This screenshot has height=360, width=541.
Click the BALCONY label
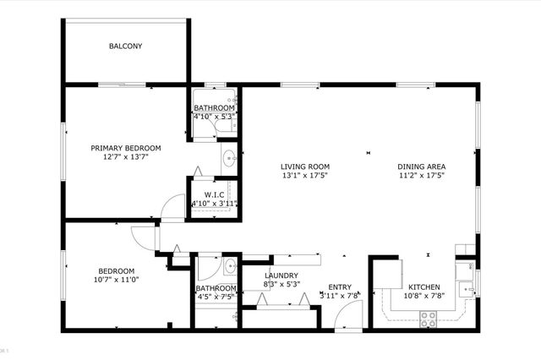click(x=125, y=46)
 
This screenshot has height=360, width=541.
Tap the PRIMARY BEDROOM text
click(x=126, y=148)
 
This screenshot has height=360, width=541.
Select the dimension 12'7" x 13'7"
click(x=126, y=157)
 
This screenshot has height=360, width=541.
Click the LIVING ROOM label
click(x=306, y=166)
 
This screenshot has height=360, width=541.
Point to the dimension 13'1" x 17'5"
click(x=306, y=176)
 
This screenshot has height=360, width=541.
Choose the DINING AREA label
click(x=422, y=166)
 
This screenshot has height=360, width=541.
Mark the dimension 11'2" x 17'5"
click(x=422, y=176)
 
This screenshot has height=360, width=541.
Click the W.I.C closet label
click(x=214, y=194)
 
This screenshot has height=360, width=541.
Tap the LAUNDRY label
click(x=280, y=276)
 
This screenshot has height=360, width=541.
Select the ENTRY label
click(x=341, y=286)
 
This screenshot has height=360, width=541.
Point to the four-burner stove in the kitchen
click(x=429, y=318)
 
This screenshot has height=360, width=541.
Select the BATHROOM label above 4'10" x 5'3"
click(x=214, y=108)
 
